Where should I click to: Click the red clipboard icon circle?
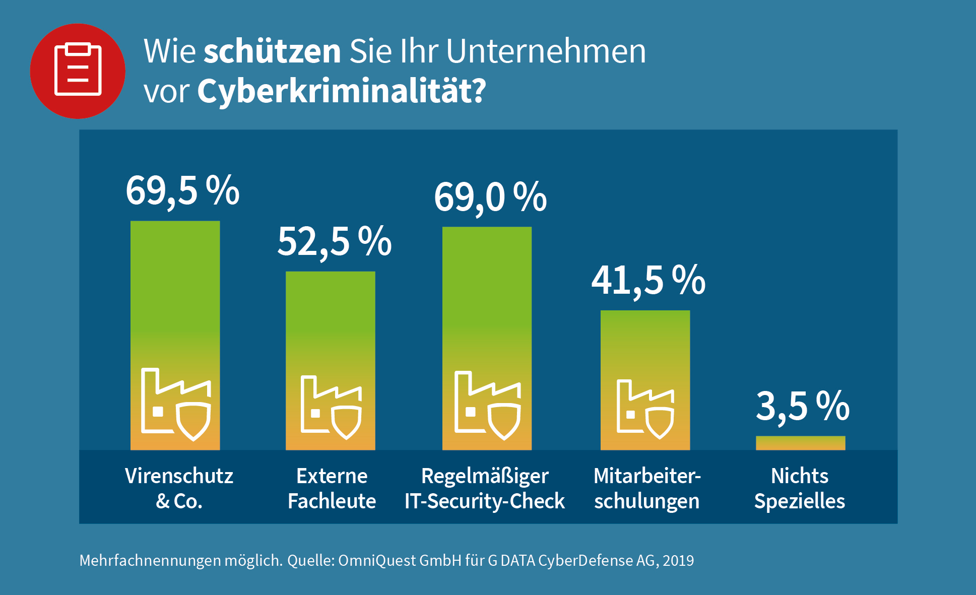pyautogui.click(x=78, y=71)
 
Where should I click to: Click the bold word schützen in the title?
pyautogui.click(x=272, y=51)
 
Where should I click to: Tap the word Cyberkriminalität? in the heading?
pyautogui.click(x=341, y=91)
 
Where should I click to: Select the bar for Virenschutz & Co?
pyautogui.click(x=175, y=302)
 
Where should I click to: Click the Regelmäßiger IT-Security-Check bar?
pyautogui.click(x=487, y=302)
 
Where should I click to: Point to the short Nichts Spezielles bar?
pyautogui.click(x=800, y=443)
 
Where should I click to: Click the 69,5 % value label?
pyautogui.click(x=182, y=190)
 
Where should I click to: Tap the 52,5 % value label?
pyautogui.click(x=334, y=241)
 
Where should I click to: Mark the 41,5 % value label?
pyautogui.click(x=648, y=280)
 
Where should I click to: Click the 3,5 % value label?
pyautogui.click(x=802, y=406)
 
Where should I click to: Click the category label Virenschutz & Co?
pyautogui.click(x=179, y=488)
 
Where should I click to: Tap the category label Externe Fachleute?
pyautogui.click(x=332, y=488)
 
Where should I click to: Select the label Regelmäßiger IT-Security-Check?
pyautogui.click(x=485, y=488)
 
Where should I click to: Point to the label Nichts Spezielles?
pyautogui.click(x=800, y=488)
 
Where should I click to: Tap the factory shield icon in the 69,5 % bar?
pyautogui.click(x=175, y=404)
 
